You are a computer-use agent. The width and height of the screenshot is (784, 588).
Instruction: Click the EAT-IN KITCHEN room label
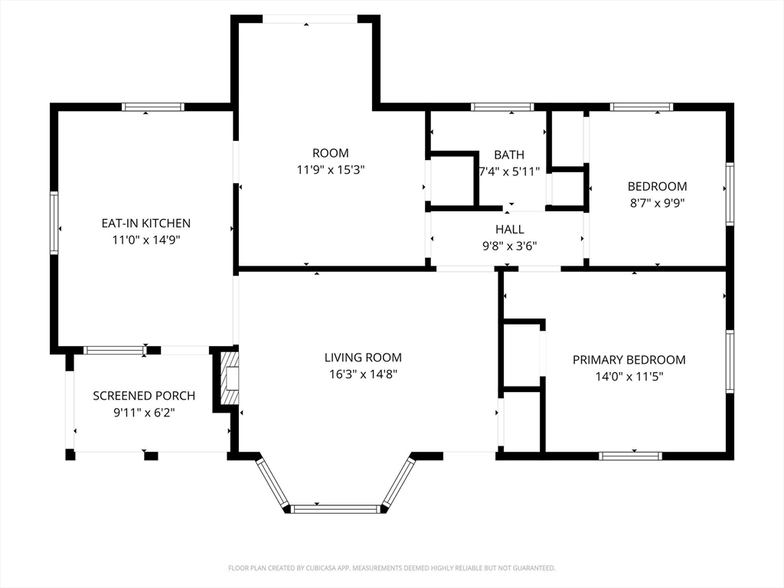tap(146, 223)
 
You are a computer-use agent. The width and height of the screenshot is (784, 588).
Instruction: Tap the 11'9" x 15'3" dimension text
tap(331, 170)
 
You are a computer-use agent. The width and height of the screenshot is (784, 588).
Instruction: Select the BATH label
tap(509, 155)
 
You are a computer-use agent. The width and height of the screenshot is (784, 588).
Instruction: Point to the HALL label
tap(509, 230)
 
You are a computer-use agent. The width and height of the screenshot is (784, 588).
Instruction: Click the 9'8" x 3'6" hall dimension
tap(509, 246)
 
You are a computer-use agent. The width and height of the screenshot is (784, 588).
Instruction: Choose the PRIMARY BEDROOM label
tap(629, 360)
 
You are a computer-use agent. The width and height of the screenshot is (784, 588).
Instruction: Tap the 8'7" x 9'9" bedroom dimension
tap(657, 203)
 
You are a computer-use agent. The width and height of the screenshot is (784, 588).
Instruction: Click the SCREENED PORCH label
tap(144, 396)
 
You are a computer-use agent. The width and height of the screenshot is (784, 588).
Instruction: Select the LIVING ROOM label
tap(363, 358)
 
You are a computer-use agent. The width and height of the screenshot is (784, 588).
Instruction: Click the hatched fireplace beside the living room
tap(230, 378)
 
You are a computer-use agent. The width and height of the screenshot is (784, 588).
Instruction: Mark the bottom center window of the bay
tap(336, 509)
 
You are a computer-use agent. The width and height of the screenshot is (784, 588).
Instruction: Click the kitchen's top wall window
tap(153, 106)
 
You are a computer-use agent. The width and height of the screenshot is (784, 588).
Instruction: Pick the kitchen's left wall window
tap(54, 223)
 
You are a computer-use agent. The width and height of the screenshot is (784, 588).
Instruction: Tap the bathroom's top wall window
tap(502, 106)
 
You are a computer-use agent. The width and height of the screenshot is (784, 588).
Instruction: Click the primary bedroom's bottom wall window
tap(631, 456)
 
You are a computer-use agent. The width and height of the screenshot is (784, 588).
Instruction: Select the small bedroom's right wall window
tap(730, 194)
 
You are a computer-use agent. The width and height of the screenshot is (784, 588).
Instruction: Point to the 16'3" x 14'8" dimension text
tap(363, 374)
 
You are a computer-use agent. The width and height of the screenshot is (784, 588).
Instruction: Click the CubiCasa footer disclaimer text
tap(392, 568)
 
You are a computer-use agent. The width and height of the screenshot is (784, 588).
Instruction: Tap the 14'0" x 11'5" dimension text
tap(629, 377)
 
